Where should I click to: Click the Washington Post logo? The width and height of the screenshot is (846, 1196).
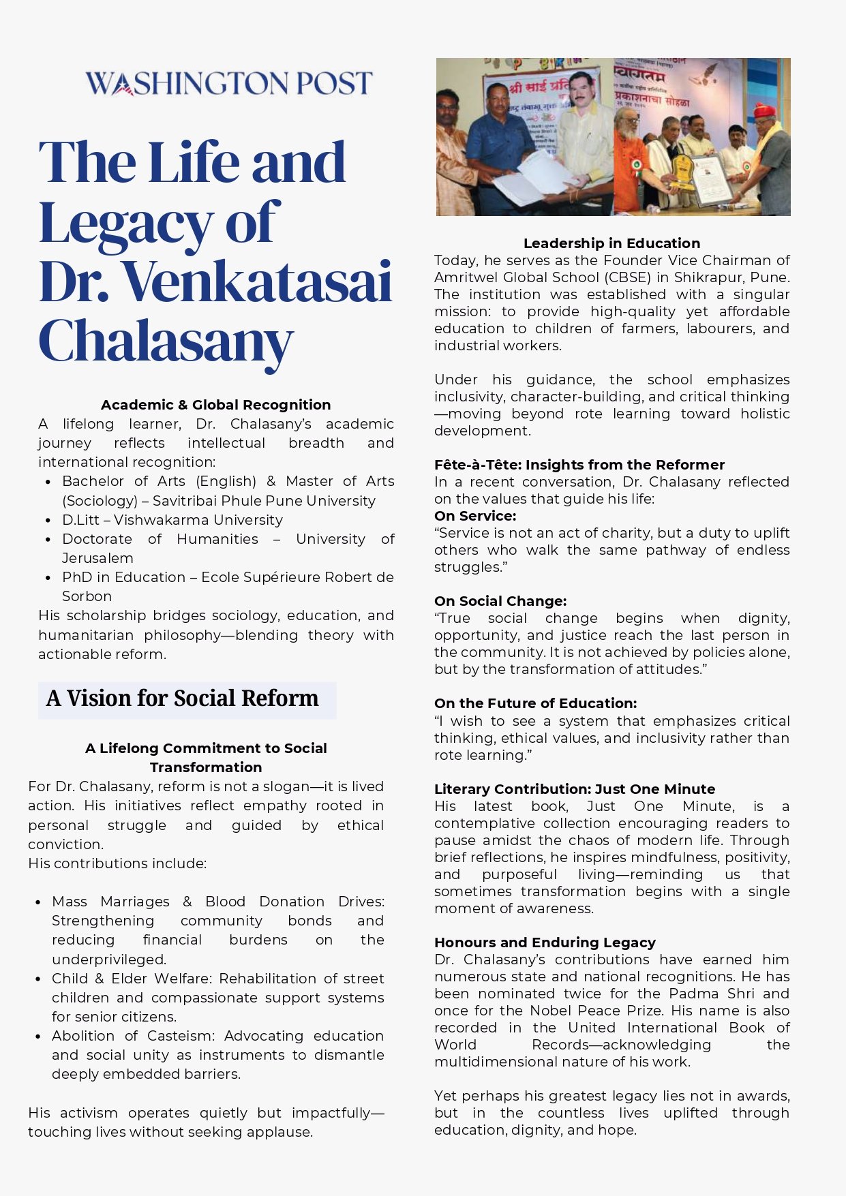229,83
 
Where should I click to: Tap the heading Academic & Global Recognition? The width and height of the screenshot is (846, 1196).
215,405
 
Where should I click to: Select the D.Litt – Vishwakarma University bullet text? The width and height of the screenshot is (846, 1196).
172,520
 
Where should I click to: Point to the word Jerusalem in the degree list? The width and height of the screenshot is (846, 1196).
97,558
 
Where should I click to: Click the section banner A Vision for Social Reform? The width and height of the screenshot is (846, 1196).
183,699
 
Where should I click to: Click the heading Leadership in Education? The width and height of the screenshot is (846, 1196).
611,243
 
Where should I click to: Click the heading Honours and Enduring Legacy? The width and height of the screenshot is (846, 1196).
545,942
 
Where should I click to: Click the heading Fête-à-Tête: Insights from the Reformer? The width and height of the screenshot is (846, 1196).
579,465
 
